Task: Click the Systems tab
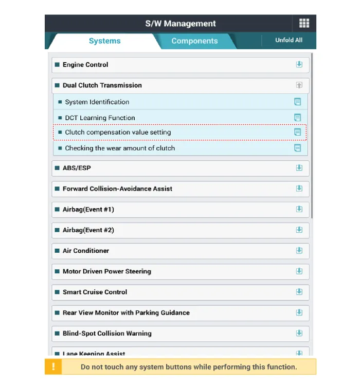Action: click(x=104, y=41)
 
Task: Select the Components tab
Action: click(x=194, y=41)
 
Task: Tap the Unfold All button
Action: click(x=289, y=40)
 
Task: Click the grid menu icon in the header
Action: click(x=304, y=23)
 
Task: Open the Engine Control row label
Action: click(x=85, y=65)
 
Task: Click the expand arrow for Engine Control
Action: click(x=299, y=65)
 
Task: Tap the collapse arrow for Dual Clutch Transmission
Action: click(x=299, y=85)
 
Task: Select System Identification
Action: click(x=97, y=102)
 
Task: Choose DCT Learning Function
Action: click(x=100, y=118)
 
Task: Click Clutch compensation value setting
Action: click(x=118, y=132)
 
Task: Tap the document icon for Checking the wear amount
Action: click(x=297, y=148)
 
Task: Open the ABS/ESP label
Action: click(x=77, y=168)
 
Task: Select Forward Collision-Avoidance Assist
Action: click(x=117, y=189)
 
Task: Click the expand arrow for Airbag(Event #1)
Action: click(x=299, y=209)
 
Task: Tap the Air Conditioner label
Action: click(x=86, y=251)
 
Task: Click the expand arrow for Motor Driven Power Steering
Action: click(x=299, y=271)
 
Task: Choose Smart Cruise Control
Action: click(x=95, y=292)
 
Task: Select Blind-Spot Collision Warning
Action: click(x=107, y=333)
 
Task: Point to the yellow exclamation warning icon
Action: click(x=53, y=367)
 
